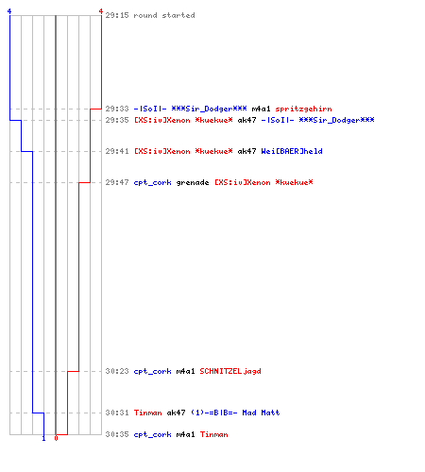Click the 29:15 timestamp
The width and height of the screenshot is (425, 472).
click(117, 15)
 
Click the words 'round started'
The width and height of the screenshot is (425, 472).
click(164, 15)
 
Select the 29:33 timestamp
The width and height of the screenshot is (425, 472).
click(117, 109)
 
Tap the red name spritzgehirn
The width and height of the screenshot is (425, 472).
click(303, 110)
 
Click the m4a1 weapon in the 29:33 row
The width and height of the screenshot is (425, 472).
click(261, 109)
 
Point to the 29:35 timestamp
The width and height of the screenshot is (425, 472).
click(117, 120)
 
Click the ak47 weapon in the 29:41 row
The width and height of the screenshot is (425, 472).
click(246, 151)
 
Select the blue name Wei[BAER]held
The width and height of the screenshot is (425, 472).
click(292, 151)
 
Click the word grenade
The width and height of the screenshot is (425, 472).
click(193, 183)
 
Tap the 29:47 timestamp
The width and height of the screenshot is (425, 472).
click(117, 182)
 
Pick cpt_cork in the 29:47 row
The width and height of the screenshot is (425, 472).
click(153, 183)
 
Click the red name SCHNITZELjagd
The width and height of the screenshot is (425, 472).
click(230, 371)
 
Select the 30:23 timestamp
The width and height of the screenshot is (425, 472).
click(117, 371)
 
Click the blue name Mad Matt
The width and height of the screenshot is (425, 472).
click(261, 413)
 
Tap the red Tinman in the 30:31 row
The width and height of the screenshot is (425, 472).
click(148, 413)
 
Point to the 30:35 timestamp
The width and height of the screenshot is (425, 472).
click(117, 434)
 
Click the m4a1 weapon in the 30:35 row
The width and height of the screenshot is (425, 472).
click(185, 434)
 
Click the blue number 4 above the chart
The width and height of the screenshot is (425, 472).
click(9, 11)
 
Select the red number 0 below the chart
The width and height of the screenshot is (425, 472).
click(56, 438)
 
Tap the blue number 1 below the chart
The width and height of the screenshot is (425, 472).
click(43, 438)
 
